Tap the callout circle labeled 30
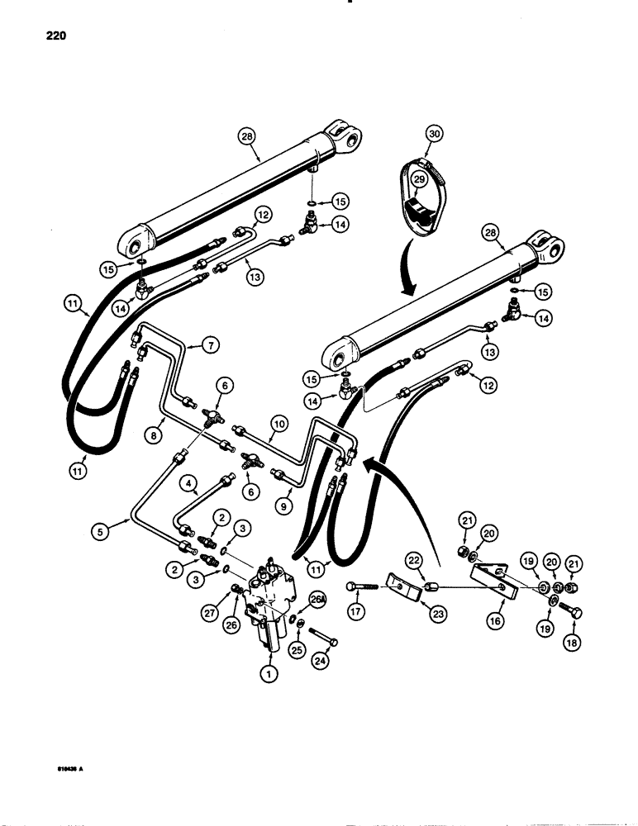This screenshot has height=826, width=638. pyautogui.click(x=435, y=133)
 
